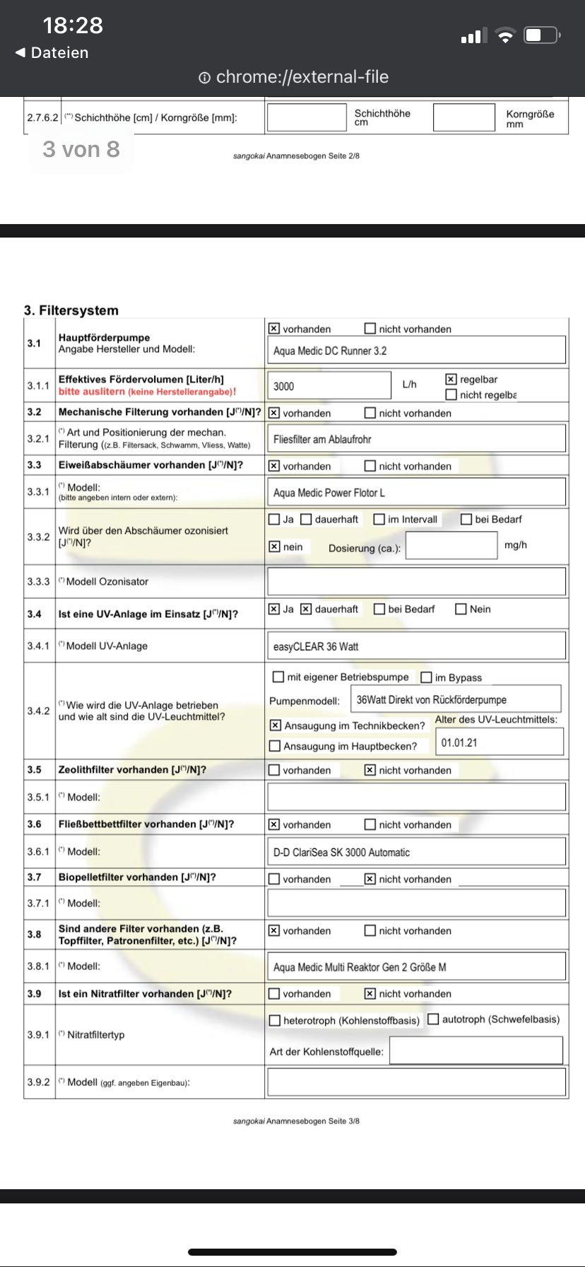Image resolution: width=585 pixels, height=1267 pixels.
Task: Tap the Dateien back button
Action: tap(52, 53)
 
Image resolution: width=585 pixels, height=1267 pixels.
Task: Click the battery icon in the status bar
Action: tap(541, 35)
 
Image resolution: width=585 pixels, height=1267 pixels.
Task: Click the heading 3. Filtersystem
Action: tap(71, 310)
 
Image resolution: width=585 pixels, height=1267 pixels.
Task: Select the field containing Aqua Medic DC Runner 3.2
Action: tap(416, 351)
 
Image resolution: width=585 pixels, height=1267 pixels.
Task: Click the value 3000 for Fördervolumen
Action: tap(329, 386)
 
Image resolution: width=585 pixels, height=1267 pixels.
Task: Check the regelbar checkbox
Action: tap(451, 380)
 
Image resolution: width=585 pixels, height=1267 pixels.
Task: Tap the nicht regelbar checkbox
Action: tap(451, 395)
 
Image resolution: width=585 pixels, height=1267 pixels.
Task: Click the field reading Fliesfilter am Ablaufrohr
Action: tap(416, 439)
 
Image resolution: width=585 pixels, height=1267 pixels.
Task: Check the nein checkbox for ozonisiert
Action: tap(275, 547)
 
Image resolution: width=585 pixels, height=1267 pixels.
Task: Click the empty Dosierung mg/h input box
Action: tap(452, 545)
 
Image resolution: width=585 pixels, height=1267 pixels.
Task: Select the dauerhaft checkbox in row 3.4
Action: tap(306, 609)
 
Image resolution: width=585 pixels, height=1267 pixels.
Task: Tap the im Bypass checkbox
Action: tap(426, 677)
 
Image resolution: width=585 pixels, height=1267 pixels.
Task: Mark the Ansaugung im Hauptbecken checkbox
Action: tap(276, 746)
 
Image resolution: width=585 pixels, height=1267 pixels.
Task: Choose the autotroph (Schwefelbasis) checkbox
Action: tap(433, 1020)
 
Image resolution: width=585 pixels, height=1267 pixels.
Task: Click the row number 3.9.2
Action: tap(39, 1082)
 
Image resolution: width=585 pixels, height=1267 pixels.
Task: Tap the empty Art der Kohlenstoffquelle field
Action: tap(476, 1051)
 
